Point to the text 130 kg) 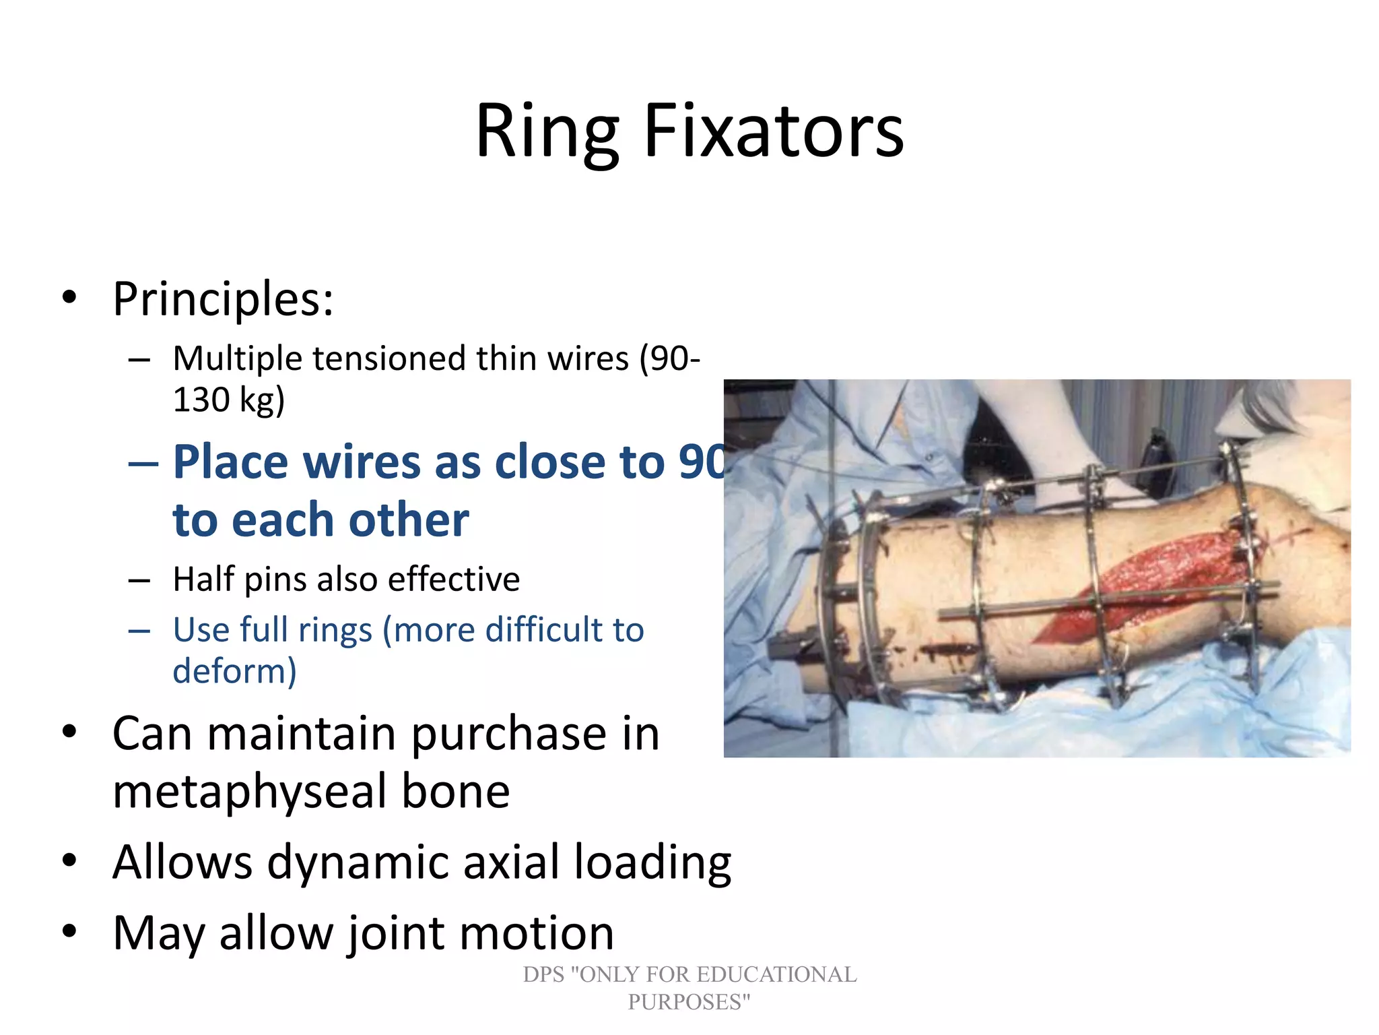coord(229,400)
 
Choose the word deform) coord(234,671)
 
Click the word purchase coord(508,734)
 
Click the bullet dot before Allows coord(69,860)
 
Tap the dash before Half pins coord(139,579)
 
